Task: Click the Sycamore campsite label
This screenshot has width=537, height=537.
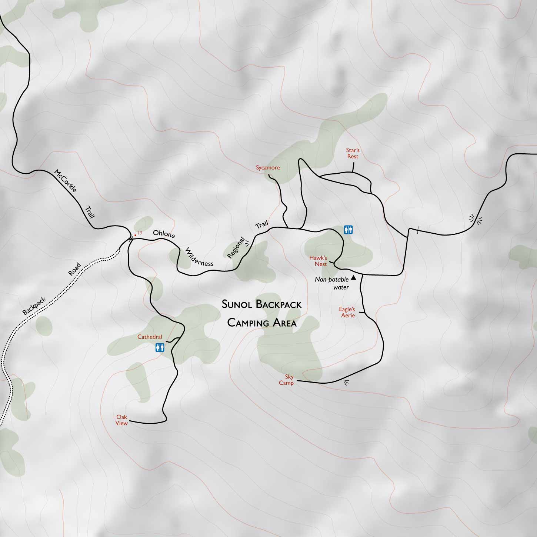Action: (x=268, y=168)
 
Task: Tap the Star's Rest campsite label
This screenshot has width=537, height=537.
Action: (x=353, y=153)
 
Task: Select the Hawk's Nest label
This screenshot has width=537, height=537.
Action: (x=318, y=261)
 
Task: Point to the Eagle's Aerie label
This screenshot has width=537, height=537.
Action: (x=347, y=312)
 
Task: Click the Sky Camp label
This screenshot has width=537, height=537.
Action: (x=287, y=380)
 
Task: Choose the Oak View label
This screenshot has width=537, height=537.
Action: (x=122, y=420)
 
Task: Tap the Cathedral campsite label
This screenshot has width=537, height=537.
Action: (x=150, y=337)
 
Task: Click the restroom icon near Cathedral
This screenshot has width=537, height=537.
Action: (x=160, y=348)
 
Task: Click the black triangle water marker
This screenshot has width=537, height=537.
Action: (x=353, y=277)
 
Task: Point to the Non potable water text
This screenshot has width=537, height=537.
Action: (x=332, y=283)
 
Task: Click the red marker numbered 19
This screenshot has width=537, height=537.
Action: (x=136, y=235)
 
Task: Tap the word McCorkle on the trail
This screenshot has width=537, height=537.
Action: (x=65, y=181)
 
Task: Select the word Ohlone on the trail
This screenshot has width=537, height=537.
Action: (x=164, y=234)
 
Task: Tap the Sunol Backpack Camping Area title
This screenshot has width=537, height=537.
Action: (x=261, y=314)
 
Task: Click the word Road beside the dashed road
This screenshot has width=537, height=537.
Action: (x=74, y=269)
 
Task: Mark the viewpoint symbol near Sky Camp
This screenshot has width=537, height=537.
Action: (x=347, y=383)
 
